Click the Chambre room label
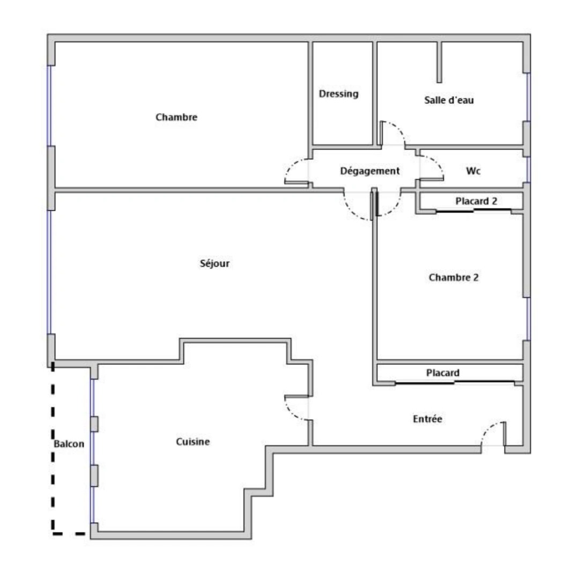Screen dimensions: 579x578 pos(176,117)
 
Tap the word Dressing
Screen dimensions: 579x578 pos(338,94)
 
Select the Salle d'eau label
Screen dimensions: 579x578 pos(449,100)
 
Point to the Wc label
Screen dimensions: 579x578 pos(473,171)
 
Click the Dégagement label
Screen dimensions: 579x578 pos(370,171)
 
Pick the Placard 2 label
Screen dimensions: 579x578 pos(476,202)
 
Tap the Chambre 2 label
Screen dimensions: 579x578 pos(454,278)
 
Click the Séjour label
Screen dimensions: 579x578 pos(214,263)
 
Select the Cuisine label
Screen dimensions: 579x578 pos(192,442)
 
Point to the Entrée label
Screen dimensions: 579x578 pos(427,419)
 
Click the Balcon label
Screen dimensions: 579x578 pos(69,444)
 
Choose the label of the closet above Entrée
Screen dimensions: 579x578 pos(443,373)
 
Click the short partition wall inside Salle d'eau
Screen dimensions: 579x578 pos(439,62)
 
